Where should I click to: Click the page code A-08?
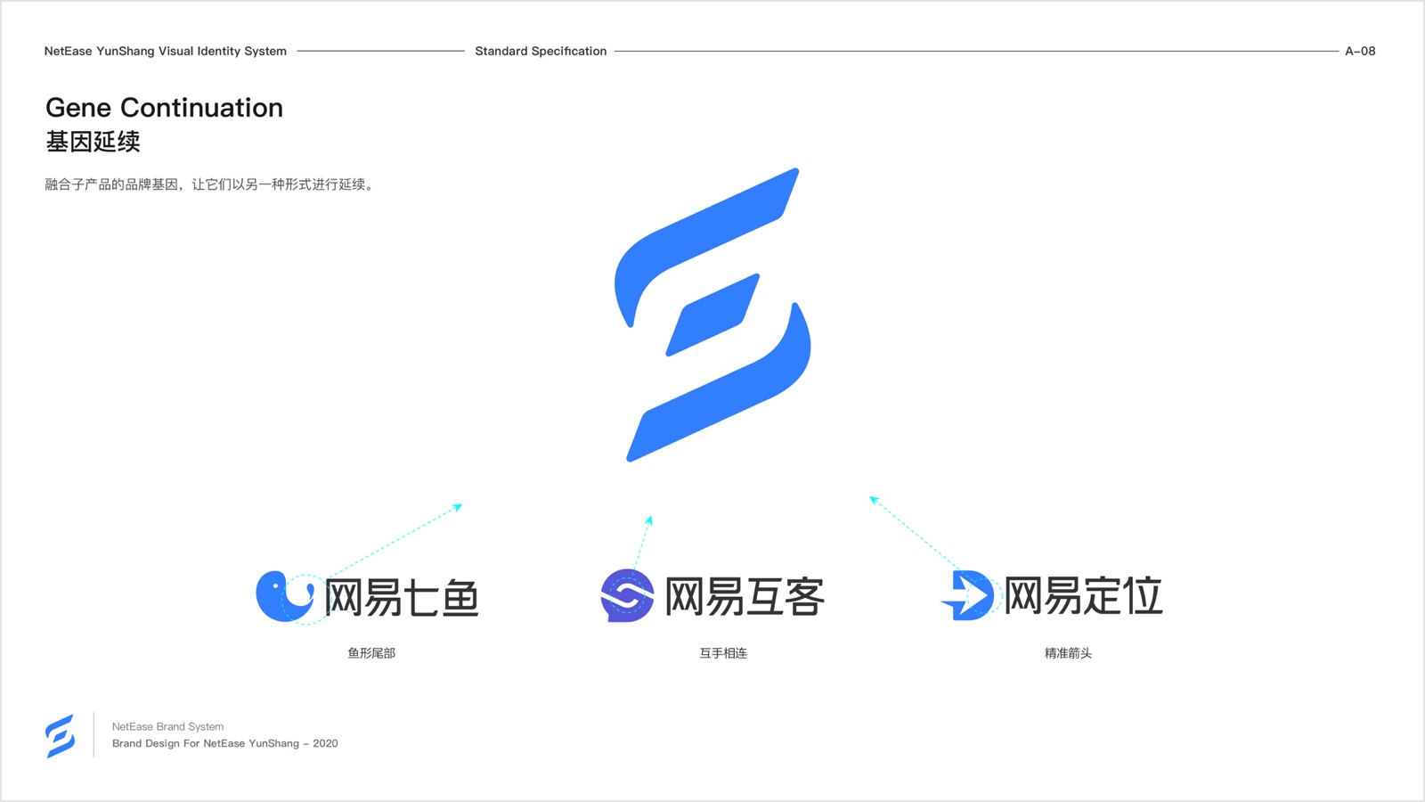coord(1360,51)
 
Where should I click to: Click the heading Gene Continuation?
coord(164,108)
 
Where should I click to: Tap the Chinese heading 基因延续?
coord(93,142)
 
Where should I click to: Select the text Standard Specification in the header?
coord(541,51)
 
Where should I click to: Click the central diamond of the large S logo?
coord(712,315)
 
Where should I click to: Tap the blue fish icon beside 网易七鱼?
coord(285,596)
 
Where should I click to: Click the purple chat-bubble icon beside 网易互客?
coord(627,595)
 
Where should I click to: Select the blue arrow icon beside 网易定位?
coord(967,595)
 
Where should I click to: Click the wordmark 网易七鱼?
coord(402,597)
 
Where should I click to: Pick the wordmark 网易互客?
coord(745,596)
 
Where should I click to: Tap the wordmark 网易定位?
coord(1083,595)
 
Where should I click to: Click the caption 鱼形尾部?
coord(371,653)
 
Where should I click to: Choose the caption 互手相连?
coord(723,653)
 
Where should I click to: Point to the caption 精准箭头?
coord(1068,653)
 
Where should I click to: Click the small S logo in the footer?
coord(61,736)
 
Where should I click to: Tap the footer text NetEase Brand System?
coord(168,726)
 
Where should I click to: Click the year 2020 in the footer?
coord(325,743)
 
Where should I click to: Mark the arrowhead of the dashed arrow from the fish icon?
coord(459,507)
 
